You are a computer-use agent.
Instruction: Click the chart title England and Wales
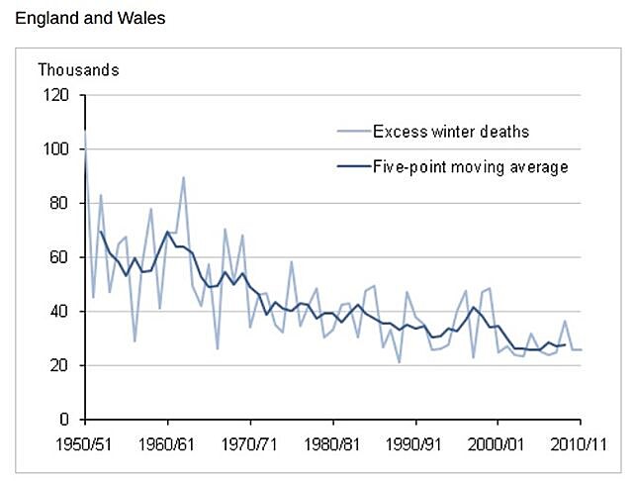(x=83, y=18)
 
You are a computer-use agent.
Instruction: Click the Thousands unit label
(x=78, y=70)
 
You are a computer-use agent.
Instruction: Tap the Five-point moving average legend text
(x=471, y=166)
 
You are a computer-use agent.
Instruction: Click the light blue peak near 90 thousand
(x=184, y=177)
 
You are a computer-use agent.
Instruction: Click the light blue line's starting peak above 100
(x=86, y=131)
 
